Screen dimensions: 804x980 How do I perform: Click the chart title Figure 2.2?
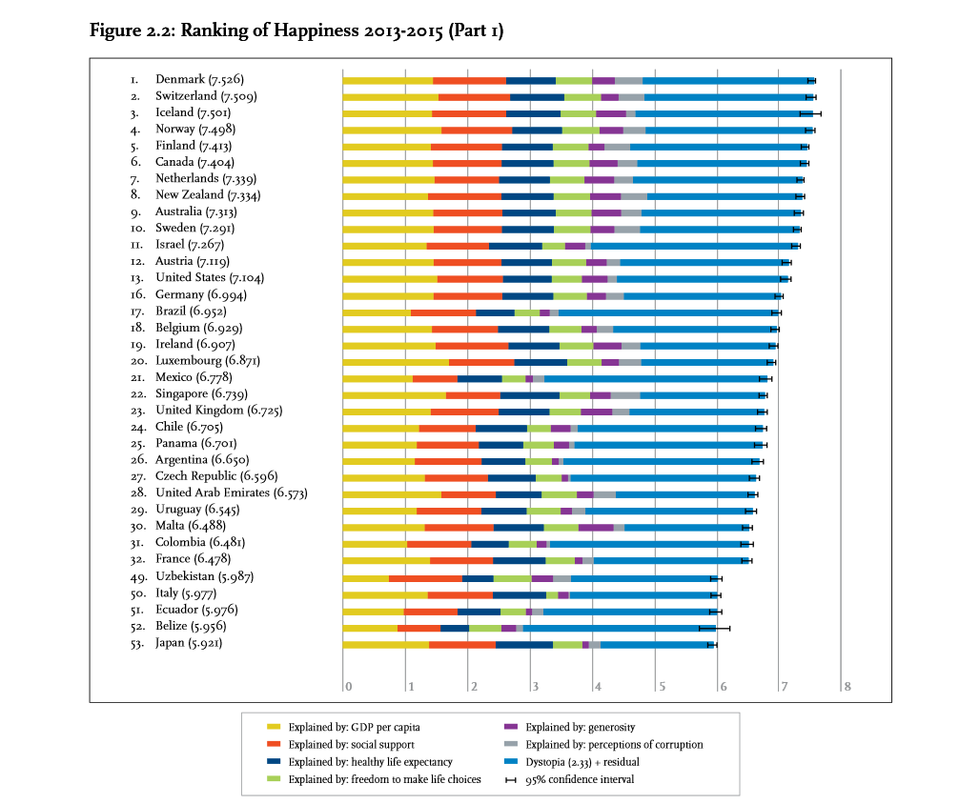point(296,31)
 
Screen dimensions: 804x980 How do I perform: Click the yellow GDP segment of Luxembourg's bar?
point(396,362)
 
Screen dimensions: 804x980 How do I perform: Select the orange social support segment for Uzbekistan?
point(425,577)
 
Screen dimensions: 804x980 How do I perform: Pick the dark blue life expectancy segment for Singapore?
point(529,394)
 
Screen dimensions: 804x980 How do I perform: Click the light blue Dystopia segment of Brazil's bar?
point(667,312)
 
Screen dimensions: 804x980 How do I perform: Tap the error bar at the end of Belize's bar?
point(714,628)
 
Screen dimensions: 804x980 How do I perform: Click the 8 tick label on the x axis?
point(846,687)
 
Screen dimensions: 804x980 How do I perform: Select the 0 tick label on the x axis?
point(349,687)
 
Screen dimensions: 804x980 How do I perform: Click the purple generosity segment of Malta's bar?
point(596,528)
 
